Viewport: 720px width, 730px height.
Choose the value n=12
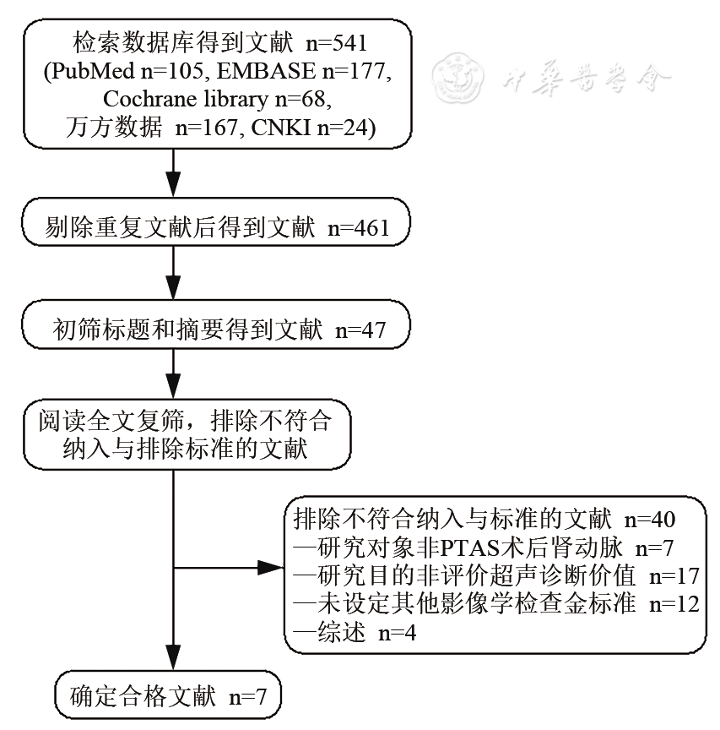(x=672, y=604)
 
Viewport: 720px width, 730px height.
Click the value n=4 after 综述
(x=395, y=632)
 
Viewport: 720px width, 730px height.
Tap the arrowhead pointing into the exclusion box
(x=272, y=568)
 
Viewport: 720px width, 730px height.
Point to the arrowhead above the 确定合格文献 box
(x=173, y=656)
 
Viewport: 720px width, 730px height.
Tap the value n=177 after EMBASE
(x=357, y=71)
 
